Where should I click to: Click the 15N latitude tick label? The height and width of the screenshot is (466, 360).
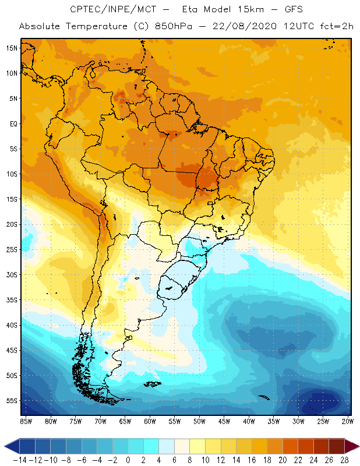pyautogui.click(x=12, y=48)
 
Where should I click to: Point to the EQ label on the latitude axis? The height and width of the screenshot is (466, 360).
pyautogui.click(x=13, y=123)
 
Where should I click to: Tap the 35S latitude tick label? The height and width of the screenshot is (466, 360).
pyautogui.click(x=12, y=300)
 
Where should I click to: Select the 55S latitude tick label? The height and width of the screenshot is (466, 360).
pyautogui.click(x=12, y=401)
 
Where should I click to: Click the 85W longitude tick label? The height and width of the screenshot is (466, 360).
pyautogui.click(x=26, y=421)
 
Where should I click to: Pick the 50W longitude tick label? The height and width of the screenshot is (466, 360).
pyautogui.click(x=200, y=421)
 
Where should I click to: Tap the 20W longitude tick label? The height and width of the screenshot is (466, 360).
pyautogui.click(x=348, y=421)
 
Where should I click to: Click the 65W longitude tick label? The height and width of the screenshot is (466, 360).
pyautogui.click(x=125, y=421)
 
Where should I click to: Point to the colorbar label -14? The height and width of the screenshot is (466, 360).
pyautogui.click(x=19, y=460)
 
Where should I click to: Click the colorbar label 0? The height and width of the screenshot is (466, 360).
pyautogui.click(x=128, y=460)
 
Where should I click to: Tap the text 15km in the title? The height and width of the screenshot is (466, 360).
pyautogui.click(x=239, y=10)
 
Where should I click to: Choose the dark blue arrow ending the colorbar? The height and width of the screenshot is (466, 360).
pyautogui.click(x=10, y=447)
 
